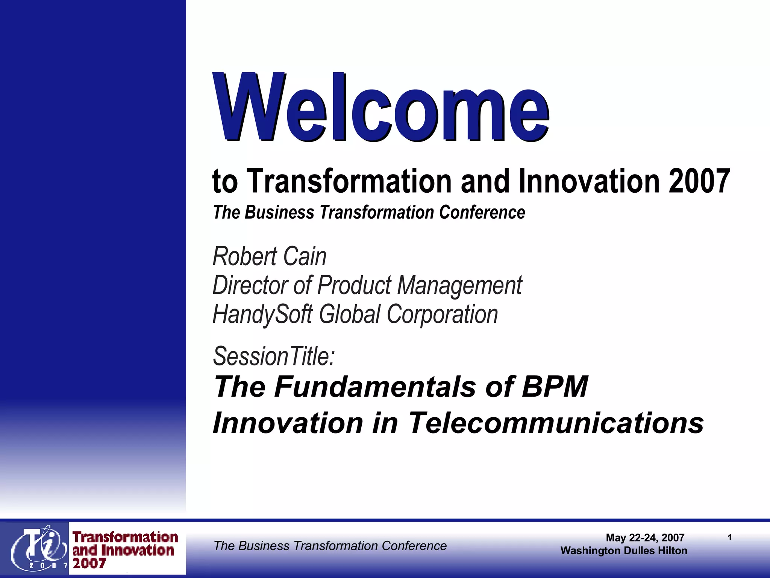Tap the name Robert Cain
coord(269,257)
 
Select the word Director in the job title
coord(250,285)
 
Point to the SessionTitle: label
coord(274,356)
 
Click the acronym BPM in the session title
coord(555,387)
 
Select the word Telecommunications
coord(556,423)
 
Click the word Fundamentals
coord(375,387)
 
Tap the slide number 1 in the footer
coord(729,538)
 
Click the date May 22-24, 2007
coord(645,538)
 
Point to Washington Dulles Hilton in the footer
coord(624,551)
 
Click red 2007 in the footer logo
coord(89,563)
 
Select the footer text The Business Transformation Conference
coord(330,546)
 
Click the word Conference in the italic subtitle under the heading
coord(482,213)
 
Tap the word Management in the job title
coord(459,285)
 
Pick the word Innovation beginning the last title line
coord(288,423)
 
